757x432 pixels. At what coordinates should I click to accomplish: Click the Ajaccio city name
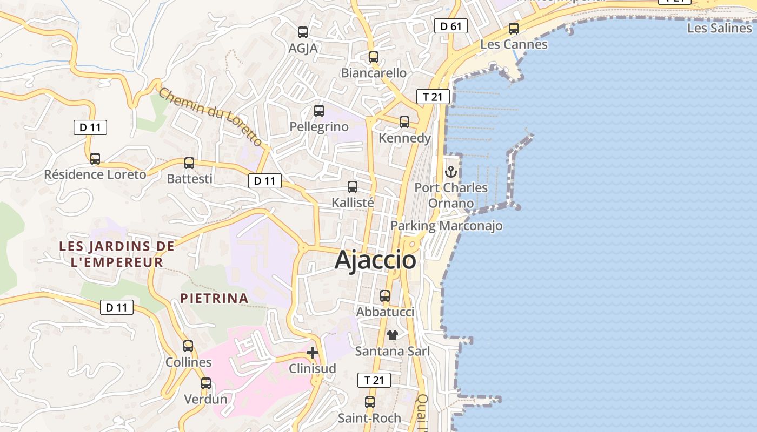375,260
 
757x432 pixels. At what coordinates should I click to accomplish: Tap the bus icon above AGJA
303,32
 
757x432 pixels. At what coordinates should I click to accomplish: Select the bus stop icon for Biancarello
373,57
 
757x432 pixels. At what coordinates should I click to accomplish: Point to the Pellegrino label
319,127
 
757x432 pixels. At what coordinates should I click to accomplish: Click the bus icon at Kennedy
404,122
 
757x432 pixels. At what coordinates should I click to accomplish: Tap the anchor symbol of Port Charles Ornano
451,172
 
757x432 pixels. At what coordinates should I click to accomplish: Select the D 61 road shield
450,26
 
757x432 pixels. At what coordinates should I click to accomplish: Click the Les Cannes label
514,44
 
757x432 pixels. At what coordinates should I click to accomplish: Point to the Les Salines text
719,28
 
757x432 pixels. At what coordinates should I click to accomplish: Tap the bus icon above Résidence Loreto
95,159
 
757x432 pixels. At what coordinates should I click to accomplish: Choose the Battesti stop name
189,179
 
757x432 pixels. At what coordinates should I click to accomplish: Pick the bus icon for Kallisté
353,187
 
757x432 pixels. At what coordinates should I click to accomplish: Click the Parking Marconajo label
447,226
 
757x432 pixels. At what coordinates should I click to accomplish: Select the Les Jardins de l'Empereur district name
117,254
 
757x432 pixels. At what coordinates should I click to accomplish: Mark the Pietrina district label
214,298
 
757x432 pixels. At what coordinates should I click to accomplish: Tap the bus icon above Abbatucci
385,296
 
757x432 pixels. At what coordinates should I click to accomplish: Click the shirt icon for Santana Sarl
393,335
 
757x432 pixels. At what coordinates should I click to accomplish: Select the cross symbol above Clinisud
313,353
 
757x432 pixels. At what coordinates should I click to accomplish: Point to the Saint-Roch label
369,418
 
